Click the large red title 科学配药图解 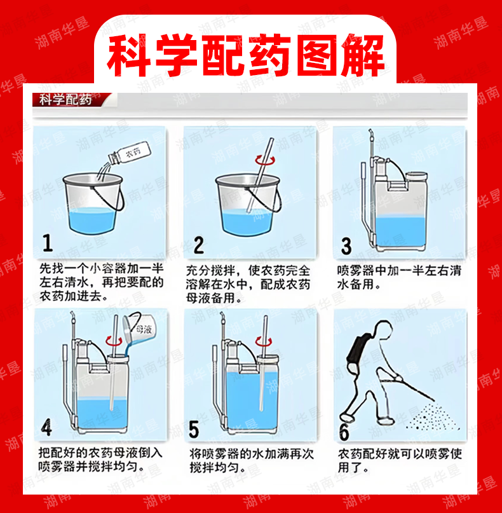245,55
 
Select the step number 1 48,243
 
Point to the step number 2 198,245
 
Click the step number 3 346,246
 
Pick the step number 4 46,428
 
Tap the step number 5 194,429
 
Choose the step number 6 344,432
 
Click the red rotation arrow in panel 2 265,160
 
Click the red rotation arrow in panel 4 114,341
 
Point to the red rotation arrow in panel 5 263,341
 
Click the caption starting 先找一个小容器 102,282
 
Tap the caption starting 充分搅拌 248,284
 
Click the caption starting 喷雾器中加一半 399,277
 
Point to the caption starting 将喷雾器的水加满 251,461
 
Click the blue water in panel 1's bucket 93,220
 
